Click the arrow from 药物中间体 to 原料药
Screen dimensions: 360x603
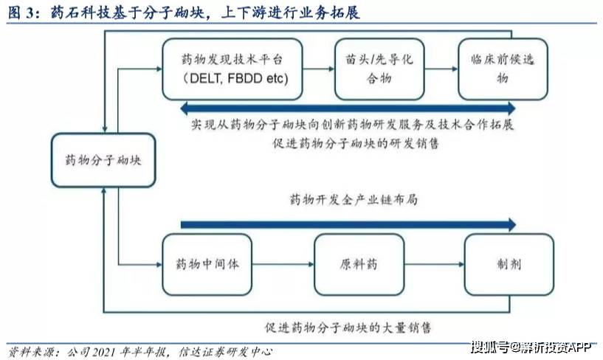pos(285,264)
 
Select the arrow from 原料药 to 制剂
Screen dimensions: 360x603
pos(435,264)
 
